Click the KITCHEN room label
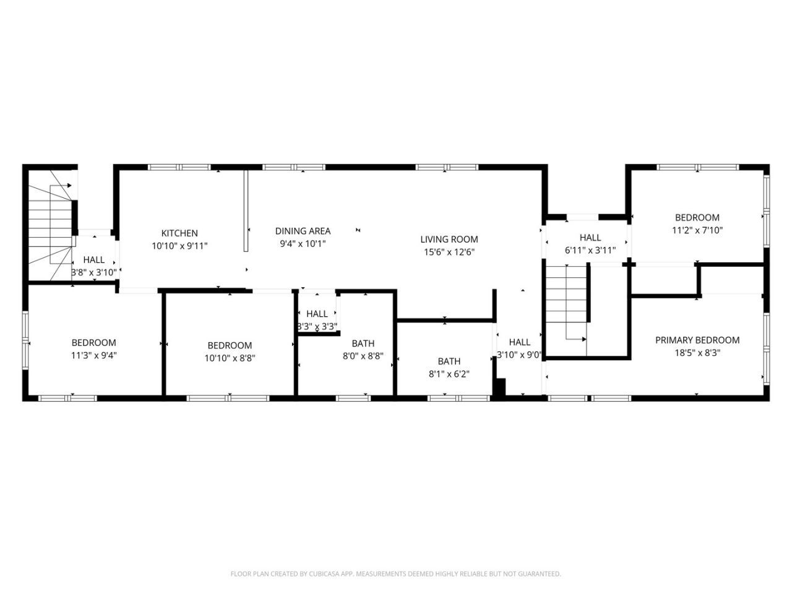179,233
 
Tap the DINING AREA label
303,231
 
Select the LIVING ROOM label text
449,239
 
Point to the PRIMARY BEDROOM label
697,340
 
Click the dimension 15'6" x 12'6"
449,252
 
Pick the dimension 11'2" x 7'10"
697,230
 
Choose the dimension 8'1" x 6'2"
449,374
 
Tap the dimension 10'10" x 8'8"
230,358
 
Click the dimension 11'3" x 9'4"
94,356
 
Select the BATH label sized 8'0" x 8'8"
363,343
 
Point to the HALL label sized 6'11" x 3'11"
590,238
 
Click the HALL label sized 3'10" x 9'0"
520,342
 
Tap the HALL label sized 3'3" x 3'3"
317,314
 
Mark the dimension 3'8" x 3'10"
95,273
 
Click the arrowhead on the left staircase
69,186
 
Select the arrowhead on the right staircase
584,339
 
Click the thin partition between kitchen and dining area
246,211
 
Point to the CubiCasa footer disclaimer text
396,574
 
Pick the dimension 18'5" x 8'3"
697,353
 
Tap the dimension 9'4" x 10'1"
303,244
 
